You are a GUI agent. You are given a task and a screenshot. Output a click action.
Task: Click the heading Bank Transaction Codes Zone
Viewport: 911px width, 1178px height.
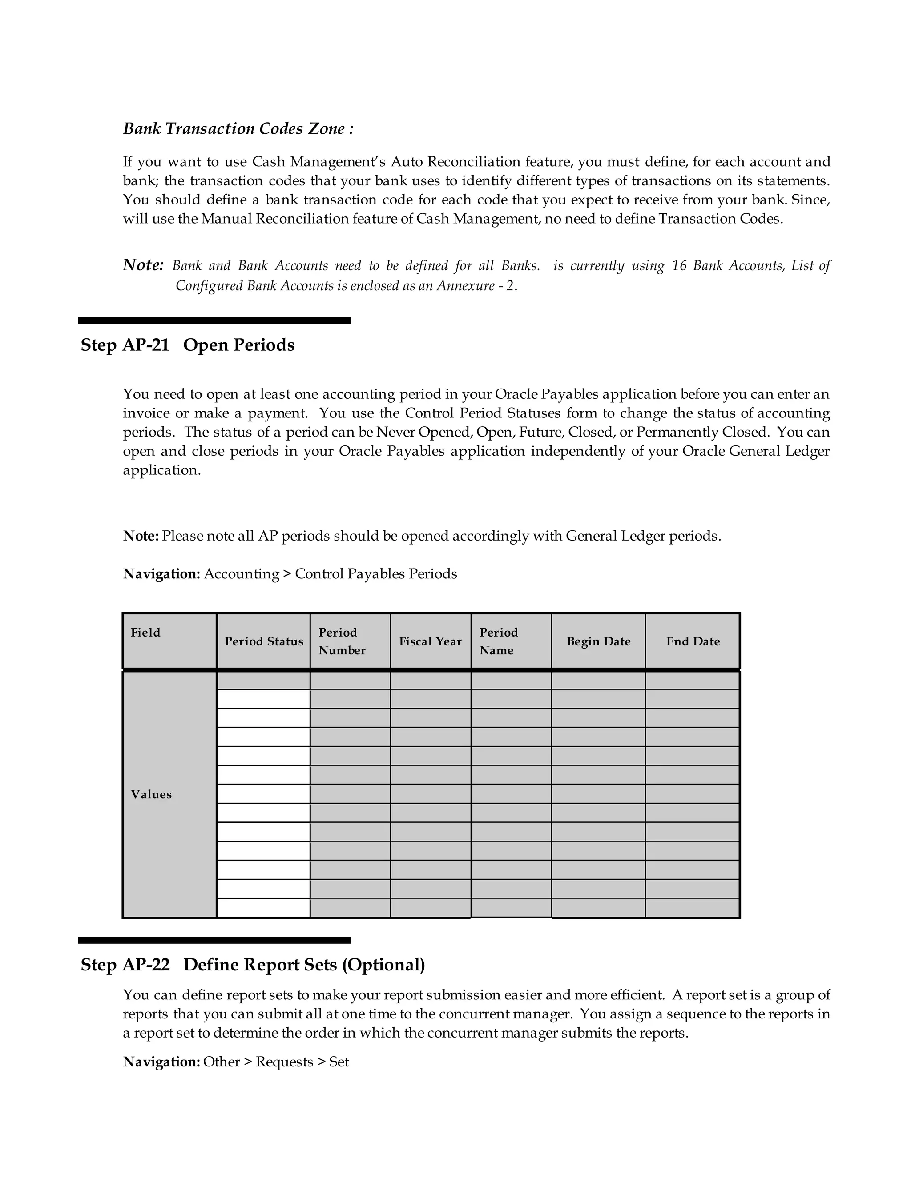(x=238, y=129)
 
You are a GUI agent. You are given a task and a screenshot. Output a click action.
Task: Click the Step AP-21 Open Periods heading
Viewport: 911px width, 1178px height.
(x=187, y=345)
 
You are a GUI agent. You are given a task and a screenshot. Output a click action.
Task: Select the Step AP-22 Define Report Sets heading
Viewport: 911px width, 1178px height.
(x=253, y=965)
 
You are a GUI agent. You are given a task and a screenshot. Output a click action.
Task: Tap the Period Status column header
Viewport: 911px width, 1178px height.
(x=264, y=642)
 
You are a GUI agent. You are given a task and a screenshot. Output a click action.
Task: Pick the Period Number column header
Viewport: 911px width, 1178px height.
(x=342, y=641)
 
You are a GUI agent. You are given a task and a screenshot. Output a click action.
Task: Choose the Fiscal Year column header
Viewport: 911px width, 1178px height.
(x=430, y=642)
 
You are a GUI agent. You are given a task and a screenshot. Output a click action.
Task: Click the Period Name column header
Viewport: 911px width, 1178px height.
(x=498, y=641)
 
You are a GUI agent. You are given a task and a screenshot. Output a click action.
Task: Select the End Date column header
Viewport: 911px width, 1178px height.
(x=693, y=642)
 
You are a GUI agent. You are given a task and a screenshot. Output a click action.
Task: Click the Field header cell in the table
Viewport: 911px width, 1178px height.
(x=146, y=633)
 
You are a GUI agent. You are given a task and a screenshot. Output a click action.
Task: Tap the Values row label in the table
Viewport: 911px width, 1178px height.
(x=151, y=794)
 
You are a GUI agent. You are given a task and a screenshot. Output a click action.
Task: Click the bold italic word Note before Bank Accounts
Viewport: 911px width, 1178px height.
(x=143, y=265)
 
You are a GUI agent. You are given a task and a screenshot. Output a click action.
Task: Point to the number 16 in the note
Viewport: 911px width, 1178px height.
(x=679, y=266)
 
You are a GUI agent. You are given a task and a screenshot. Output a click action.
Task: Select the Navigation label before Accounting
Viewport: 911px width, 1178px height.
(x=162, y=574)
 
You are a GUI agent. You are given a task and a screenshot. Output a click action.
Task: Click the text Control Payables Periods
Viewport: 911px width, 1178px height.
(x=375, y=574)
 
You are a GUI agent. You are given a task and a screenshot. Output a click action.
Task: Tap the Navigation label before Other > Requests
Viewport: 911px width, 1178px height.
(x=162, y=1062)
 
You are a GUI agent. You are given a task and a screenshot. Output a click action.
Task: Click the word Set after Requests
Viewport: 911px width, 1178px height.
(x=339, y=1062)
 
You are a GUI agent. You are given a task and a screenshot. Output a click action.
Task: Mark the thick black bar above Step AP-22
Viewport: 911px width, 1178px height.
(x=214, y=940)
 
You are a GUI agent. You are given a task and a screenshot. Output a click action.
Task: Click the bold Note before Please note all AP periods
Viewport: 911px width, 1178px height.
(x=140, y=536)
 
